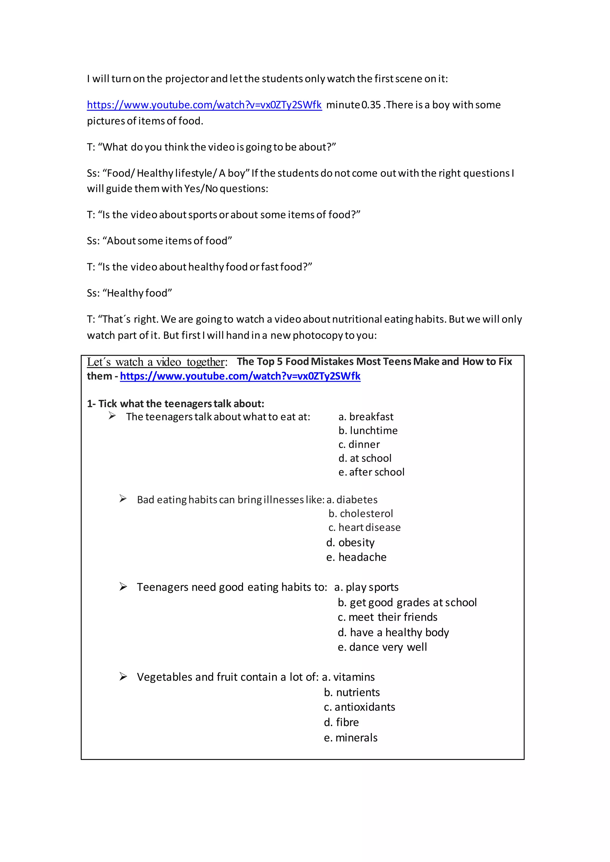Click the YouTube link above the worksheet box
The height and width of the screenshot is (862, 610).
coord(204,105)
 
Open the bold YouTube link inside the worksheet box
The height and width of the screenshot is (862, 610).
coord(240,376)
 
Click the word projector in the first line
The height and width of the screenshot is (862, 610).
coord(187,79)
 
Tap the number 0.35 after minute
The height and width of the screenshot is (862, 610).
coord(371,105)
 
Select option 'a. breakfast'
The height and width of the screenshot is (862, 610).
coord(366,417)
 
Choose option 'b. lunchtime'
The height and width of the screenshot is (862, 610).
coord(368,431)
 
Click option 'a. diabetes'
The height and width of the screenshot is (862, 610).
coord(352,500)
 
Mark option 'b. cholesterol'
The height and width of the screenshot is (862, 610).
coord(361,513)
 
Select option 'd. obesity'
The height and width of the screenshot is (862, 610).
coord(351,543)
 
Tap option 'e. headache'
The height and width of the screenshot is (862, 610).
coord(356,557)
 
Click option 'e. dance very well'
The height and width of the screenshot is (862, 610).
coord(382,647)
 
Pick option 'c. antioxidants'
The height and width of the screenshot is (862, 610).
coord(359,707)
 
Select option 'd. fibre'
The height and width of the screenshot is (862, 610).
coord(341,722)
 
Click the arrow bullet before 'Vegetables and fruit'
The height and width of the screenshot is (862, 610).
coord(123,677)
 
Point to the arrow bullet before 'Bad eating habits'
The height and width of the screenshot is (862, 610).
coord(123,499)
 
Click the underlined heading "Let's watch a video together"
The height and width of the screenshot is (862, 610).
coord(157,362)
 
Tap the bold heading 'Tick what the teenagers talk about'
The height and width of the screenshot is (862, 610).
coord(175,404)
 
